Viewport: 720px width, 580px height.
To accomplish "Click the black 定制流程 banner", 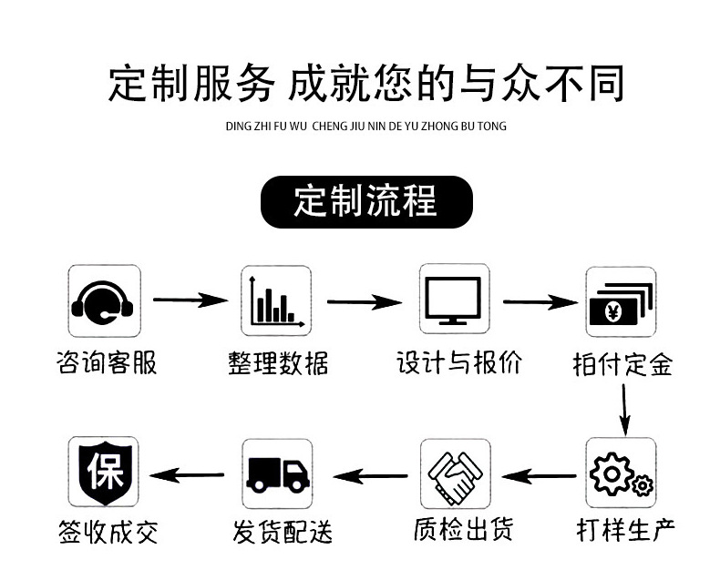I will tap(366, 201).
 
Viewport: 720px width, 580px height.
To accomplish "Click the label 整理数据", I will tap(277, 363).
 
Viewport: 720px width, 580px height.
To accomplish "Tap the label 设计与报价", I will tap(459, 362).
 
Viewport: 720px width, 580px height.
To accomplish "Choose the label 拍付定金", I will tap(622, 365).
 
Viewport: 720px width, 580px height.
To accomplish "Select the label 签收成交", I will tap(106, 531).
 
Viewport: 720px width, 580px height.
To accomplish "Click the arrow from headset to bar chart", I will tap(190, 299).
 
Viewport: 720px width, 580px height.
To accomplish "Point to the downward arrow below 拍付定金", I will tap(624, 407).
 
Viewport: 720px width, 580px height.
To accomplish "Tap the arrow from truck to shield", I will tap(187, 474).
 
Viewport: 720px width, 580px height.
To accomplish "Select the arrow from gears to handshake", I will tap(540, 473).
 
